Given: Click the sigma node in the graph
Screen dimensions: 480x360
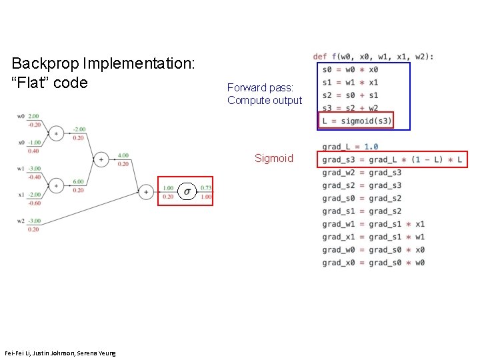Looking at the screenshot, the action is [187, 191].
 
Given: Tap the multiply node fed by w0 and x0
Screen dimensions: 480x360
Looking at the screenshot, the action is [56, 133].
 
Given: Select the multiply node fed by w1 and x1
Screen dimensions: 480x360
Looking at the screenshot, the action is [56, 185].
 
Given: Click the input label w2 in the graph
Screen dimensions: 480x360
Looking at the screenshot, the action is [22, 221].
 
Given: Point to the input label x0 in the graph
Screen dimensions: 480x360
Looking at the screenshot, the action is [22, 143].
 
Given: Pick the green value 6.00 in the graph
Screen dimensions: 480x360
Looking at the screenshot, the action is [78, 182].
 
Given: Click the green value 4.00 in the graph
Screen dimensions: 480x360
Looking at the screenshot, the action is [123, 156].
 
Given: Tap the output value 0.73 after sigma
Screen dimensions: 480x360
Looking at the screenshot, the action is [206, 188].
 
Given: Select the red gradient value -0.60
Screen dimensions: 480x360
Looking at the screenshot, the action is [34, 203].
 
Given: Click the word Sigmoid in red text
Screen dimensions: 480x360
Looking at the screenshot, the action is [273, 159].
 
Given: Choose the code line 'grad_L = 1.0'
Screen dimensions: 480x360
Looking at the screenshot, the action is [350, 147].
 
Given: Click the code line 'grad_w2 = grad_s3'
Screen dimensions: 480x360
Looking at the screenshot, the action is [361, 173].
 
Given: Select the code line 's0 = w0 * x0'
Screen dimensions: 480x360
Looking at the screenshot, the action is [350, 69].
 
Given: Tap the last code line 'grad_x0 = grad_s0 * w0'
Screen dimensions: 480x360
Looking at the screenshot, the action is [373, 263].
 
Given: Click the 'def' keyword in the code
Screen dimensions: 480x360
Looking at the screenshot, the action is [320, 57].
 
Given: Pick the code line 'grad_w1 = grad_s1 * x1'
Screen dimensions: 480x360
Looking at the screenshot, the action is [373, 224].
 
